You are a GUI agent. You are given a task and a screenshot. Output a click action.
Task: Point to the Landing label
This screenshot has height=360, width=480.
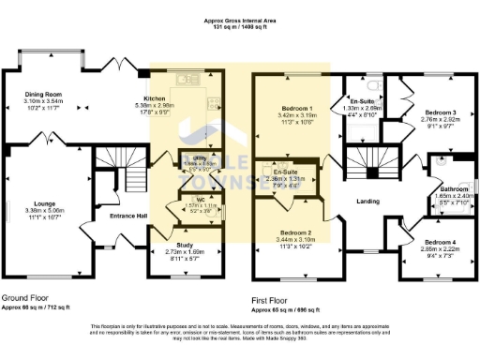[367, 201]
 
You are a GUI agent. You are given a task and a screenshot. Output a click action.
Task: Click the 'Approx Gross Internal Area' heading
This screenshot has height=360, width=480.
[239, 20]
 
